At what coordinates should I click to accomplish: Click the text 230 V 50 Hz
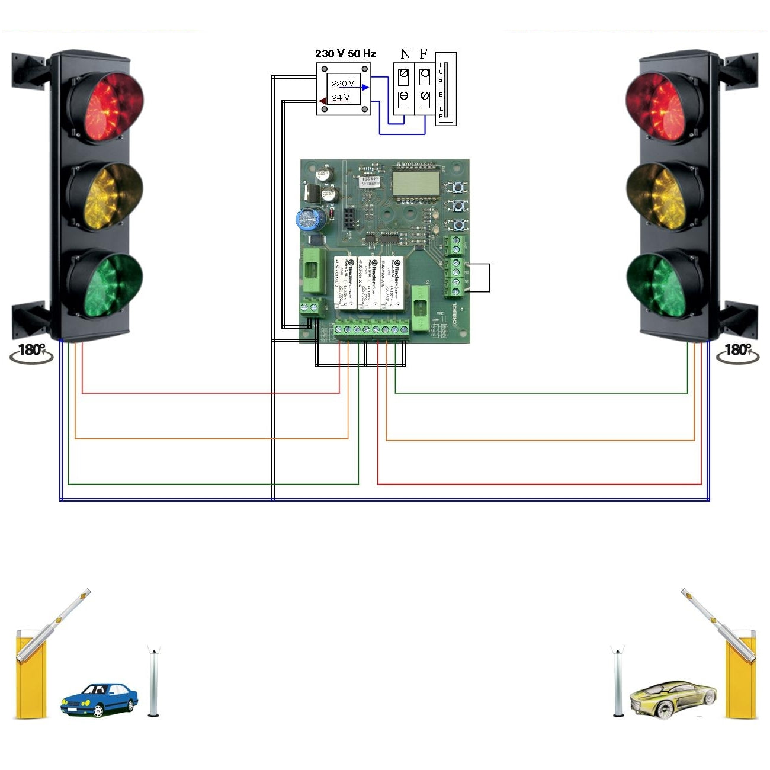pyautogui.click(x=345, y=54)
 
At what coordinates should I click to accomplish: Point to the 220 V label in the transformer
pyautogui.click(x=343, y=84)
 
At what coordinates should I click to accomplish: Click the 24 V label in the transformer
pyautogui.click(x=341, y=98)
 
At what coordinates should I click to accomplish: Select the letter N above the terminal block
pyautogui.click(x=405, y=54)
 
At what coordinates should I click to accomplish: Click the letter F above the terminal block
pyautogui.click(x=423, y=54)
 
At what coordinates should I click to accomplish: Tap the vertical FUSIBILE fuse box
pyautogui.click(x=445, y=89)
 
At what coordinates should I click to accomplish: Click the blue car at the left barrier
pyautogui.click(x=99, y=700)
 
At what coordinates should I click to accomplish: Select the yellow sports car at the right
pyautogui.click(x=672, y=698)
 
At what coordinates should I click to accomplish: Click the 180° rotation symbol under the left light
pyautogui.click(x=31, y=352)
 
